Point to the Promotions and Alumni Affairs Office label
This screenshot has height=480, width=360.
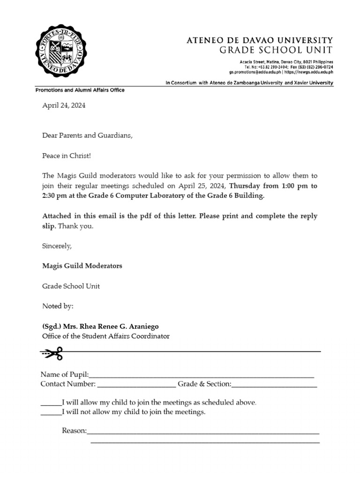point(80,90)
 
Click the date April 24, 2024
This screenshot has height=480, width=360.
point(64,106)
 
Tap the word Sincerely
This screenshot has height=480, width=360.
point(57,246)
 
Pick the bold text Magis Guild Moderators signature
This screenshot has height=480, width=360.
point(82,266)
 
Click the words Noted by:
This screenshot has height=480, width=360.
point(58,306)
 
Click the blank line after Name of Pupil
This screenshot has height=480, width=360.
point(201,376)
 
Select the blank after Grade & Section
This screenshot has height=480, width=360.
point(274,386)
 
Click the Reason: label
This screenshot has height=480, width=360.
point(74,431)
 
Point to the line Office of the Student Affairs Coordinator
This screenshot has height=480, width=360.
point(106,336)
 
